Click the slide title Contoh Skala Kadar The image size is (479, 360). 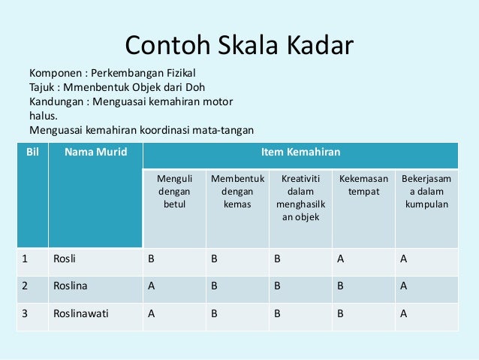point(239,46)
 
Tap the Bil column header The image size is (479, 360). point(32,153)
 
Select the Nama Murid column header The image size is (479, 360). point(95,153)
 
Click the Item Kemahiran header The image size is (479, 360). point(300,153)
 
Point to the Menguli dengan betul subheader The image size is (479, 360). point(174,192)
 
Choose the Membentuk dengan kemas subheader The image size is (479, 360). point(237,192)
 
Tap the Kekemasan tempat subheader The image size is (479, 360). point(364,186)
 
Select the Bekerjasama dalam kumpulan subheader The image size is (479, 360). point(426,192)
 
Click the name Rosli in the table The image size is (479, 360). point(65,260)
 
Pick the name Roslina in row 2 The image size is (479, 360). point(71,287)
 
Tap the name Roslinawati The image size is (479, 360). point(81,314)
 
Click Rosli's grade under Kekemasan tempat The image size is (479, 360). point(341,260)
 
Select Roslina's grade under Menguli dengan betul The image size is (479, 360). point(151,287)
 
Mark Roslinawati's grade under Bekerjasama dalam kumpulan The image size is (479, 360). point(404,314)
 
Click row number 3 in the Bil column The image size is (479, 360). point(24,314)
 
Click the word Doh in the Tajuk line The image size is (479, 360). point(193,87)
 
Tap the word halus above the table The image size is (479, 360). point(43,115)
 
